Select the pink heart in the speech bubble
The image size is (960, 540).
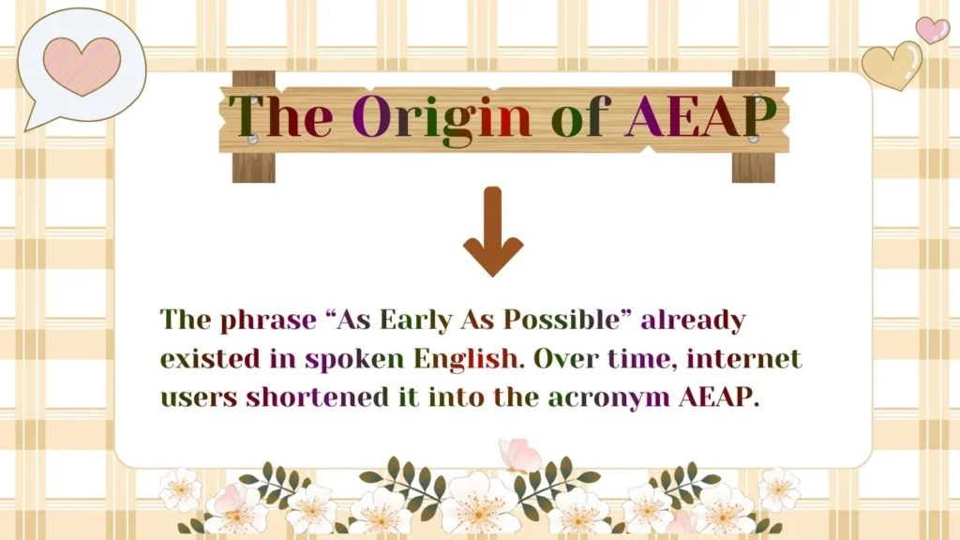click(x=82, y=66)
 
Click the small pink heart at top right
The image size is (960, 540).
click(x=931, y=29)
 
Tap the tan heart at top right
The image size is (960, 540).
click(x=892, y=65)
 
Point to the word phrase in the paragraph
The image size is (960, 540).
click(x=269, y=320)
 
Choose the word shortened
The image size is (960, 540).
click(x=317, y=397)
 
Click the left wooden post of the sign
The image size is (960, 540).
click(x=253, y=164)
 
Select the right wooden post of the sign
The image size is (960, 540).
click(x=753, y=164)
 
